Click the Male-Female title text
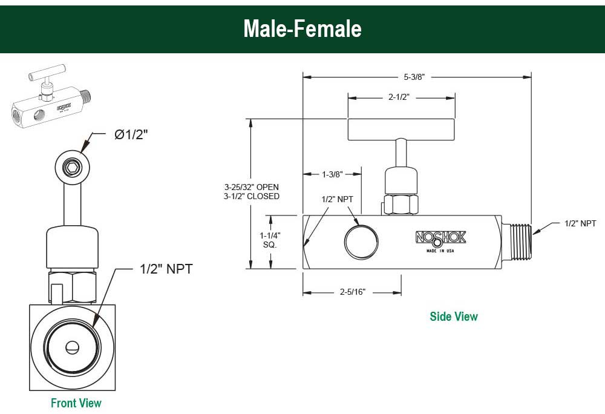(x=302, y=28)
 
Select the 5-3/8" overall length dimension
(x=414, y=77)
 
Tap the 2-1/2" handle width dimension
(x=399, y=97)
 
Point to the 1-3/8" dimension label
(x=333, y=174)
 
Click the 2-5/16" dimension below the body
(x=353, y=292)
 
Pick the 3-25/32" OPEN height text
(x=252, y=187)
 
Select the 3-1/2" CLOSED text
(x=252, y=196)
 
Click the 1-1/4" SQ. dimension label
(x=270, y=240)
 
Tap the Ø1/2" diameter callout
(x=131, y=134)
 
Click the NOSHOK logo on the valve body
(x=440, y=238)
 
